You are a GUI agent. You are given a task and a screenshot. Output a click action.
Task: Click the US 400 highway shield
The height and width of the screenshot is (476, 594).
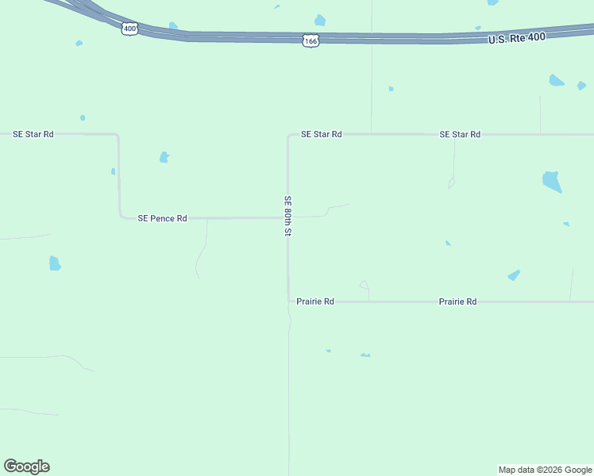(x=130, y=29)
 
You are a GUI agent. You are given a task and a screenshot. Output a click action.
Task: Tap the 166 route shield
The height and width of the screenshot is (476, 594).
(x=310, y=40)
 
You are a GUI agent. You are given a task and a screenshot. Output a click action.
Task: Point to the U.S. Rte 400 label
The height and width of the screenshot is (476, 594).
(x=517, y=38)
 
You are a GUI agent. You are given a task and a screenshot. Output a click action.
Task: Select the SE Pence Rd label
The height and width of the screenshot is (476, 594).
(x=162, y=218)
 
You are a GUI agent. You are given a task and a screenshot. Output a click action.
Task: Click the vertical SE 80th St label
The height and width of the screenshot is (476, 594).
(x=288, y=216)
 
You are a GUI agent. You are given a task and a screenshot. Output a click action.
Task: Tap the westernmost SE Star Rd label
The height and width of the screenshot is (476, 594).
(x=33, y=134)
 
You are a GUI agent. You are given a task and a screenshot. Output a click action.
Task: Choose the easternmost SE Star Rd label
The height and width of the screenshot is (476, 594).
(x=460, y=135)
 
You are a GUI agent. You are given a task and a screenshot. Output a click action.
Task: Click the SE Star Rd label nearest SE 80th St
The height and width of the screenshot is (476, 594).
(x=321, y=135)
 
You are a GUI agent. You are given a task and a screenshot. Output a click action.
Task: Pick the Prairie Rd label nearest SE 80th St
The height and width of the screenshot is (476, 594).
(x=314, y=301)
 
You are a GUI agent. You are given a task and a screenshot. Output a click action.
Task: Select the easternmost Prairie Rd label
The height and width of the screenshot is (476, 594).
(x=457, y=301)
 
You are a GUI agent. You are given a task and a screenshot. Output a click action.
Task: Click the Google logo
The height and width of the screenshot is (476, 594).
(x=26, y=466)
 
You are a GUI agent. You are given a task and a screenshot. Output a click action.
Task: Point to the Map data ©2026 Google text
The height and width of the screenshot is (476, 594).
(x=545, y=470)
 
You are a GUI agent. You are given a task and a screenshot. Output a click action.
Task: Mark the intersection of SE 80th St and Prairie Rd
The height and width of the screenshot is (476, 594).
(x=288, y=301)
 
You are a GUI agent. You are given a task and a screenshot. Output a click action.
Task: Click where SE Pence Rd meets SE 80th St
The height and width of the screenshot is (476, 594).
(x=287, y=217)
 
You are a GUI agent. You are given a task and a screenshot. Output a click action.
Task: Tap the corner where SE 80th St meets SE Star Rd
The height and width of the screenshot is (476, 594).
(x=288, y=135)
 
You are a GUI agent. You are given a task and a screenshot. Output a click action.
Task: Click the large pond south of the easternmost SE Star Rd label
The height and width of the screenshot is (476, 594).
(x=551, y=182)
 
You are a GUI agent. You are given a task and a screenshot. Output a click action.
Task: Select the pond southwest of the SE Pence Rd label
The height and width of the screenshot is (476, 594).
(x=55, y=263)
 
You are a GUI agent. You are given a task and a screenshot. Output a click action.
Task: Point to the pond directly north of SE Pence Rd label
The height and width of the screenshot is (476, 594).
(x=164, y=157)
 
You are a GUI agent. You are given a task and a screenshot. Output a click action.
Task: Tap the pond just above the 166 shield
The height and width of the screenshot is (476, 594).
(x=319, y=20)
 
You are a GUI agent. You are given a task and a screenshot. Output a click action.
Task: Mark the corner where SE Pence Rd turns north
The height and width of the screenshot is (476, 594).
(x=120, y=217)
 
